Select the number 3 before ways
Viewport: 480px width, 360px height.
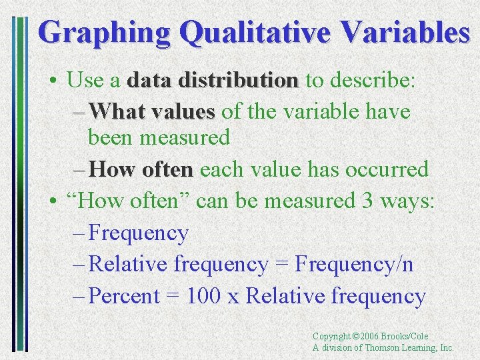pyautogui.click(x=367, y=200)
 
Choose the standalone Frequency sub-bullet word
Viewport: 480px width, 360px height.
pyautogui.click(x=139, y=233)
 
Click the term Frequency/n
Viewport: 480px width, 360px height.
pyautogui.click(x=353, y=265)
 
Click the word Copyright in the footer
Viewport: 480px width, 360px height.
pyautogui.click(x=332, y=337)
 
